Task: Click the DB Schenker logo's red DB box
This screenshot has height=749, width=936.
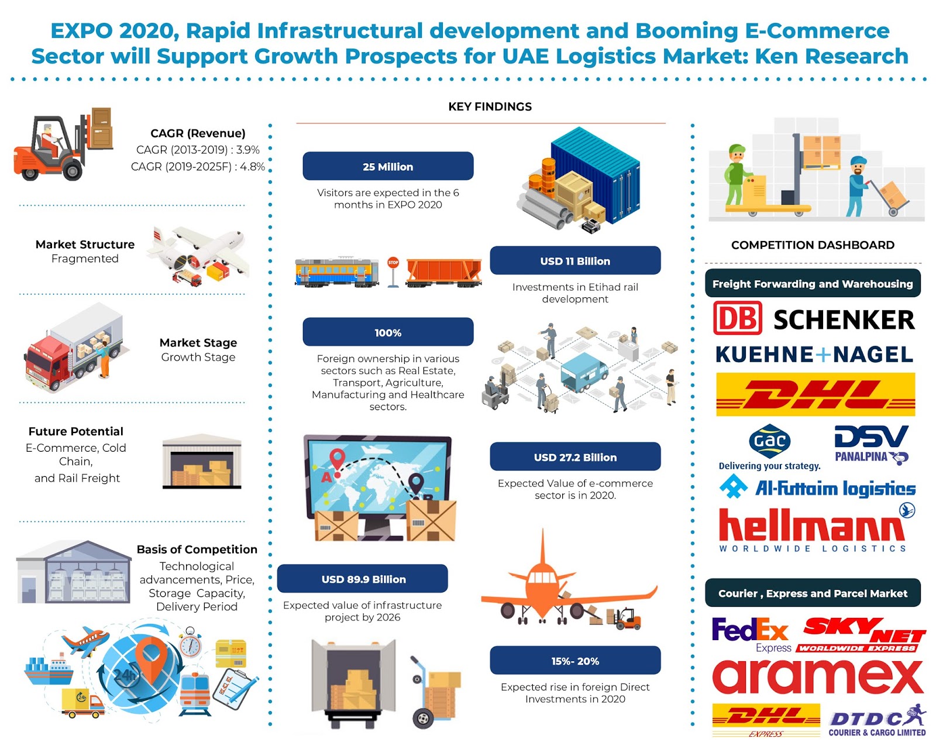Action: (737, 318)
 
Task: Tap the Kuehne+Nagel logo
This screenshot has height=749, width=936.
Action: (814, 354)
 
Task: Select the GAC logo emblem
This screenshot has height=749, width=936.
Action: (769, 441)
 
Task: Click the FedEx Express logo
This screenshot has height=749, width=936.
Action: (751, 634)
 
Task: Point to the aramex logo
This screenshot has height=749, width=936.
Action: (817, 677)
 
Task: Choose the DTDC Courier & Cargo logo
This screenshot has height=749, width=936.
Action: (877, 721)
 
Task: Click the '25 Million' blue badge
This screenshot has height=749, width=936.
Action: (387, 166)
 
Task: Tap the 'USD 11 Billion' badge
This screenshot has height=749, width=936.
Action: (574, 260)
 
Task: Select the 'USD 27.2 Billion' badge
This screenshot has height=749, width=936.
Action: (574, 456)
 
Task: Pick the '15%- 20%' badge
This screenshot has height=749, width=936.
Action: (574, 660)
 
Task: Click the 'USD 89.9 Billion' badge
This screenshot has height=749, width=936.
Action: (362, 579)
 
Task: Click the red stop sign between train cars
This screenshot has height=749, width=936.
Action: (393, 262)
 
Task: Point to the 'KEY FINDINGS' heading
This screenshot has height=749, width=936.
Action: (490, 106)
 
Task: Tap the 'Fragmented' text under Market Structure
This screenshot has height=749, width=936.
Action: (85, 259)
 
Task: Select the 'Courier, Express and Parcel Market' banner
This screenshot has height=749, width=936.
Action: (813, 593)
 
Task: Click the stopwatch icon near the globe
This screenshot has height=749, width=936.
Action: (190, 643)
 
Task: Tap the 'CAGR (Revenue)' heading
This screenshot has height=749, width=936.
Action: (198, 133)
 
